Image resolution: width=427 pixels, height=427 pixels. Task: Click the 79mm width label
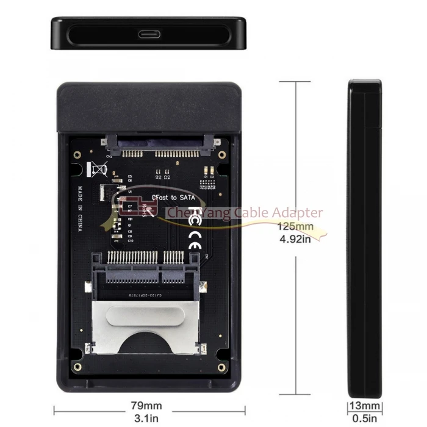click(147, 406)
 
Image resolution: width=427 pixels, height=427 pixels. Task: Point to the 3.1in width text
click(147, 418)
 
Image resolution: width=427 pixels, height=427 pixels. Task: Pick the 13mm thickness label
click(365, 406)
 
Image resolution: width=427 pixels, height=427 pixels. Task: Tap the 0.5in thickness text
click(365, 418)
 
